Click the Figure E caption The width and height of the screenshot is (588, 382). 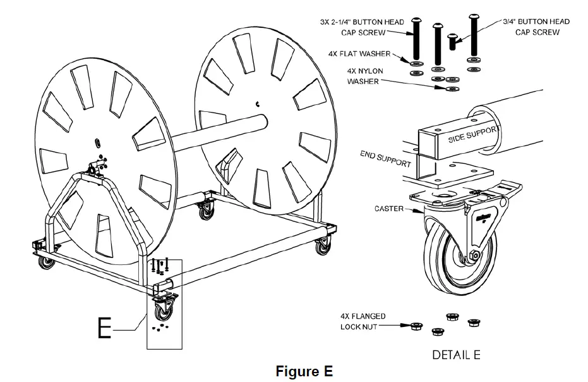point(304,371)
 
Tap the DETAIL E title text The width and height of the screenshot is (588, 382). point(456,355)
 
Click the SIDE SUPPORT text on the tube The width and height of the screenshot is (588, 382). point(474,134)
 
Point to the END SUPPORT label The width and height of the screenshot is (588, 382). point(386,158)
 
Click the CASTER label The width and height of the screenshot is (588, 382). point(388,208)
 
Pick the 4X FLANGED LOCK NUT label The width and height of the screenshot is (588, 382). point(363,321)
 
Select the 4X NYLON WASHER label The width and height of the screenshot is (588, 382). point(363,77)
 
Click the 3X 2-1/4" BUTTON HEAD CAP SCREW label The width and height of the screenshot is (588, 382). point(362,27)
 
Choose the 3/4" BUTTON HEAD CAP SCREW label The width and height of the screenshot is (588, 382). point(536,27)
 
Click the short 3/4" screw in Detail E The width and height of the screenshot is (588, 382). point(452,41)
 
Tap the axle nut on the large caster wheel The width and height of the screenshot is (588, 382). point(471,256)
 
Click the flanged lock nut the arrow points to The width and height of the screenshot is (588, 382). point(416,326)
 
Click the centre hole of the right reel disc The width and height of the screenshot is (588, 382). point(258,103)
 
